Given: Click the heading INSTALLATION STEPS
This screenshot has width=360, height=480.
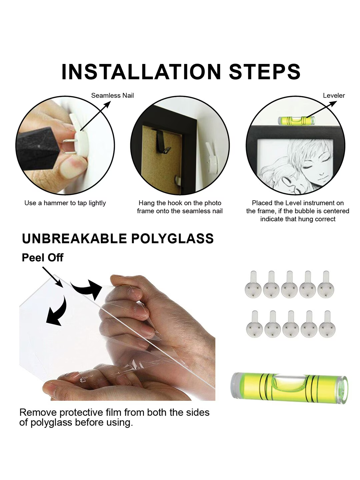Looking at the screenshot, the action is (181, 72).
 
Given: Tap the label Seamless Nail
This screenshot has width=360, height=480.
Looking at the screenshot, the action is (112, 96).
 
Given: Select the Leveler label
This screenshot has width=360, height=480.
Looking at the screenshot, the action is (334, 96).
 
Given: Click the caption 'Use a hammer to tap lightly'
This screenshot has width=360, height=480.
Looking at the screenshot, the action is (65, 203).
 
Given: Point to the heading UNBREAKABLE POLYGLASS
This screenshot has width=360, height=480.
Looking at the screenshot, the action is (118, 238).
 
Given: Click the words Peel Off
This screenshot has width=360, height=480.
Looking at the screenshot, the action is (43, 258).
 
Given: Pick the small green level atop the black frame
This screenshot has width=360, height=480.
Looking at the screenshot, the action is (297, 121).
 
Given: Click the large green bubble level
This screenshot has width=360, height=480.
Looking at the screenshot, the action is (289, 389).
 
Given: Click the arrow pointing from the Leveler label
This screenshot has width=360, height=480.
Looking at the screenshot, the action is (321, 110).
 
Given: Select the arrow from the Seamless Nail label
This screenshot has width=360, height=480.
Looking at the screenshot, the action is (95, 116).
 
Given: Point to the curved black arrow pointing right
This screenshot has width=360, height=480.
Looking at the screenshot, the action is (87, 289).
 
